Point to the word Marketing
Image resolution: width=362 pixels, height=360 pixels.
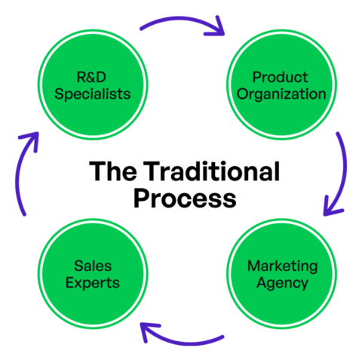tap(282, 266)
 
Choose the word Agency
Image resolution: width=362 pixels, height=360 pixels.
tap(282, 284)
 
